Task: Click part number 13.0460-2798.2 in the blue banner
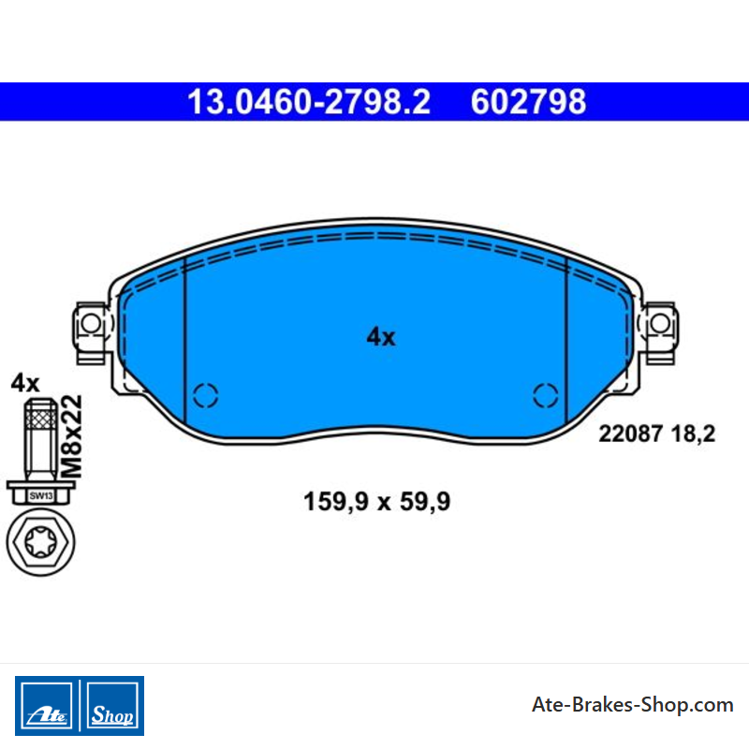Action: tap(309, 102)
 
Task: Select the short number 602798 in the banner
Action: tap(528, 102)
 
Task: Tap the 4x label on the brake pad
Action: tap(381, 337)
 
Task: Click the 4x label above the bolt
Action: tap(25, 383)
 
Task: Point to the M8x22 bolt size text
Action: tap(73, 436)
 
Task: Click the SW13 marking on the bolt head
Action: tap(41, 496)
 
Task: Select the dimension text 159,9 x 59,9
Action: tap(377, 502)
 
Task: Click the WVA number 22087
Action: tap(630, 433)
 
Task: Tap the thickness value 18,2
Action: tap(693, 434)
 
